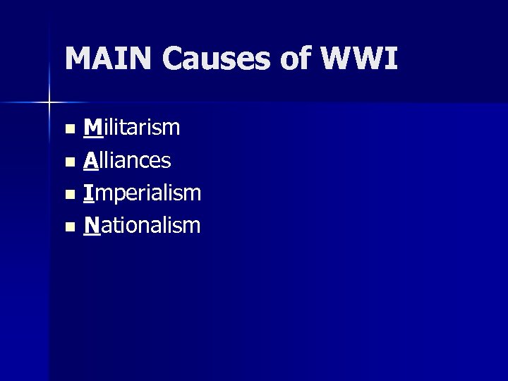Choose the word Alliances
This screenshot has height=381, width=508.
tap(127, 160)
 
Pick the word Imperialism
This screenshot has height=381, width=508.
tap(142, 193)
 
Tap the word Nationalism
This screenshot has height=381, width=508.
tap(142, 225)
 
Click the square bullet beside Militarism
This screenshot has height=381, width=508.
tap(68, 130)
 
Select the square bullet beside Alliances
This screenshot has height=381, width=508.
tap(68, 162)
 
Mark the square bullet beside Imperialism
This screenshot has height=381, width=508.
tap(68, 195)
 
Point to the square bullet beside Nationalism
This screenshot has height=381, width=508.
tap(68, 227)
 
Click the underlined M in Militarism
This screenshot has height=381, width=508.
tap(92, 128)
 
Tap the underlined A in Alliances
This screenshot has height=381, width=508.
tap(90, 160)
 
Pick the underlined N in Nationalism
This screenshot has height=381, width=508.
tap(91, 225)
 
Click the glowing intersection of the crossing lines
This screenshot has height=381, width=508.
tap(49, 103)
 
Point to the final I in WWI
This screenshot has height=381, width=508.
tap(392, 59)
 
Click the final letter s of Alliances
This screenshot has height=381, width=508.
tap(166, 162)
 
